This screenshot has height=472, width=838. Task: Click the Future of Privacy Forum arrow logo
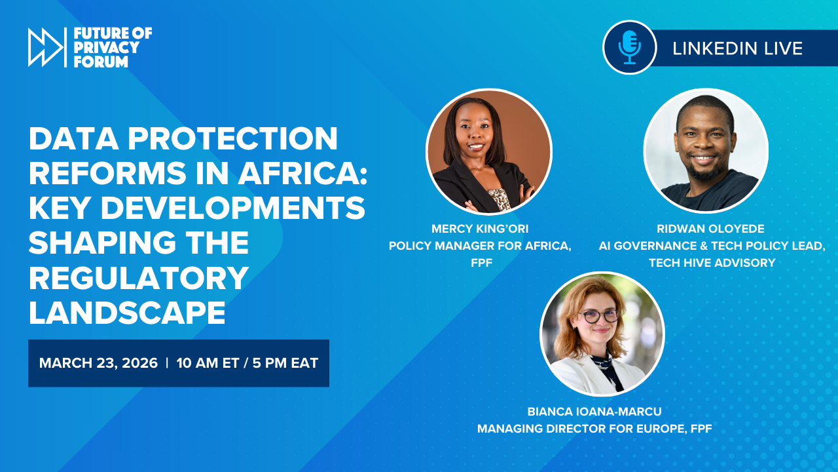tap(45, 47)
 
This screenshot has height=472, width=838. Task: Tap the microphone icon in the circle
tap(629, 47)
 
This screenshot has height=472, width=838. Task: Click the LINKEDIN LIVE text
tap(737, 48)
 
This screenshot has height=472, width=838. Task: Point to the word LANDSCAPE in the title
tap(127, 313)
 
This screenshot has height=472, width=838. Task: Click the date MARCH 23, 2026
tap(98, 363)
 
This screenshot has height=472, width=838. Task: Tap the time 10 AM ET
tap(208, 363)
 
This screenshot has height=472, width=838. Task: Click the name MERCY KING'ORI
tap(480, 228)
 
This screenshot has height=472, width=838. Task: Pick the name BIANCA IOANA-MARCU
tap(594, 412)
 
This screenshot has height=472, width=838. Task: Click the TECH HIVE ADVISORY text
tap(712, 263)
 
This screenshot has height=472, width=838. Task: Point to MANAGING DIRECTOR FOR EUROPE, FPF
tap(594, 429)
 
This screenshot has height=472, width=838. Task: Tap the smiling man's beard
tap(706, 172)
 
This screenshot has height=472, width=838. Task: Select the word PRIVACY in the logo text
tap(106, 47)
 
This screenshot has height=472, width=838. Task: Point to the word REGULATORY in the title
tap(138, 278)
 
